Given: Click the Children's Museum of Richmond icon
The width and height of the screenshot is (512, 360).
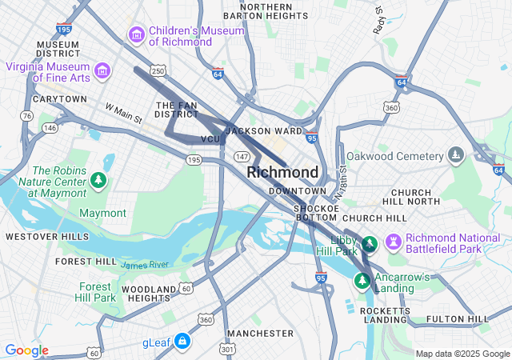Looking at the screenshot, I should click(x=136, y=35).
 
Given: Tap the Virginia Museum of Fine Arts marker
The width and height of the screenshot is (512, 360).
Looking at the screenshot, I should click(x=102, y=72).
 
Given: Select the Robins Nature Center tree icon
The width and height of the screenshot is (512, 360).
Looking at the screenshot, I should click(x=98, y=181).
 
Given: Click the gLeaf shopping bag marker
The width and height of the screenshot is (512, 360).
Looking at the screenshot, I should click(x=183, y=342).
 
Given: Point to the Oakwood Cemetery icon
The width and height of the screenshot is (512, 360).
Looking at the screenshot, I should click(x=456, y=154).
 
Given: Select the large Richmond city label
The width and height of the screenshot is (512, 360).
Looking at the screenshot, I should click(x=282, y=172).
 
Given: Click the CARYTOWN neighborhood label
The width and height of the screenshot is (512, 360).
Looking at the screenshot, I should click(x=59, y=99).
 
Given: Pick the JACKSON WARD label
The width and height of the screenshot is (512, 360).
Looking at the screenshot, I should click(x=264, y=130).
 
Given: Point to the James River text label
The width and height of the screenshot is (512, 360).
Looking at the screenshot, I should click(x=145, y=264).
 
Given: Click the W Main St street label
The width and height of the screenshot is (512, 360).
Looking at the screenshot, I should click(x=123, y=113).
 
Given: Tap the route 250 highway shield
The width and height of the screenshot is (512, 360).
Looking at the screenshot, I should click(x=158, y=72).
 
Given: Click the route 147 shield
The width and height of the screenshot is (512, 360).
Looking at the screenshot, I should click(x=242, y=157).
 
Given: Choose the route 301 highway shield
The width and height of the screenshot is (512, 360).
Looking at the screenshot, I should click(x=227, y=349).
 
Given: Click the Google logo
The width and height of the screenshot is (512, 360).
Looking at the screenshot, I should click(x=26, y=350).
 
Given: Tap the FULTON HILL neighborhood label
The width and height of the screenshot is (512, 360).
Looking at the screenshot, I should click(x=457, y=318).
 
